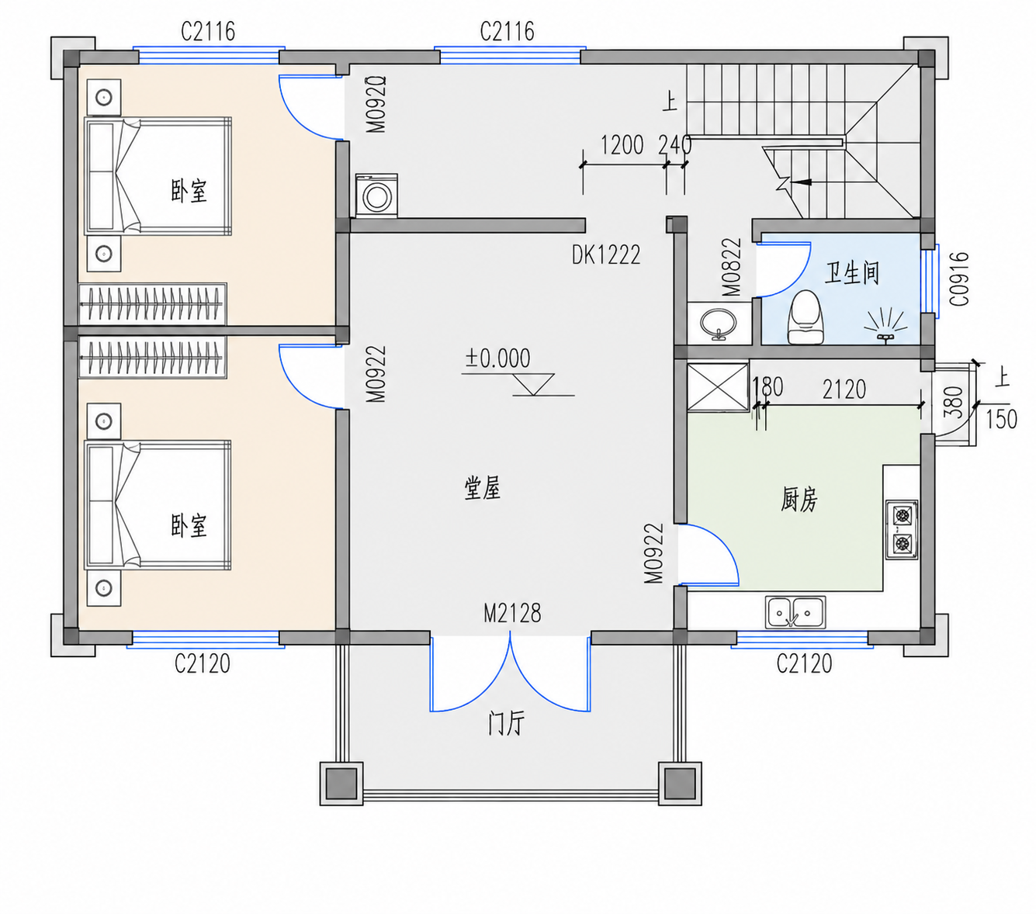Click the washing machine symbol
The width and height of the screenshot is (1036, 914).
(376, 195)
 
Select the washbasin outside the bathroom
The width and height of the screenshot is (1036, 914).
(719, 323)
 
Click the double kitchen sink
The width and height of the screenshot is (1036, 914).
(795, 612)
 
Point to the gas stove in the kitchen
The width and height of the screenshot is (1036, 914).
(902, 530)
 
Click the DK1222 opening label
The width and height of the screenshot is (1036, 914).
(606, 254)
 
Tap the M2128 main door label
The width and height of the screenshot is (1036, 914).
(512, 614)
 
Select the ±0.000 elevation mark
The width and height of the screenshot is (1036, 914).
(497, 359)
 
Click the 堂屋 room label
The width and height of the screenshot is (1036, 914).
(482, 488)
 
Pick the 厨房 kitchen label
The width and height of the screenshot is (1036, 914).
(799, 500)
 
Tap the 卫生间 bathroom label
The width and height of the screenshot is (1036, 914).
(851, 273)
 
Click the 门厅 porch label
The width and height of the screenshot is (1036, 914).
(506, 724)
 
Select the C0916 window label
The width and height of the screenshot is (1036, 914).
(959, 279)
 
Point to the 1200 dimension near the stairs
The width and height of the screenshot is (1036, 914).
(622, 145)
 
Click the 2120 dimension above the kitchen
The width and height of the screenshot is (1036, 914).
(844, 389)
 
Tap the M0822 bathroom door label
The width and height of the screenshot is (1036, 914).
(731, 268)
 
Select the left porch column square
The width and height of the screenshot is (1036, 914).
(341, 784)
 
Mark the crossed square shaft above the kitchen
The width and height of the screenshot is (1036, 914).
(717, 387)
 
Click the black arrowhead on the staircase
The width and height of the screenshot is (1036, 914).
(803, 182)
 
